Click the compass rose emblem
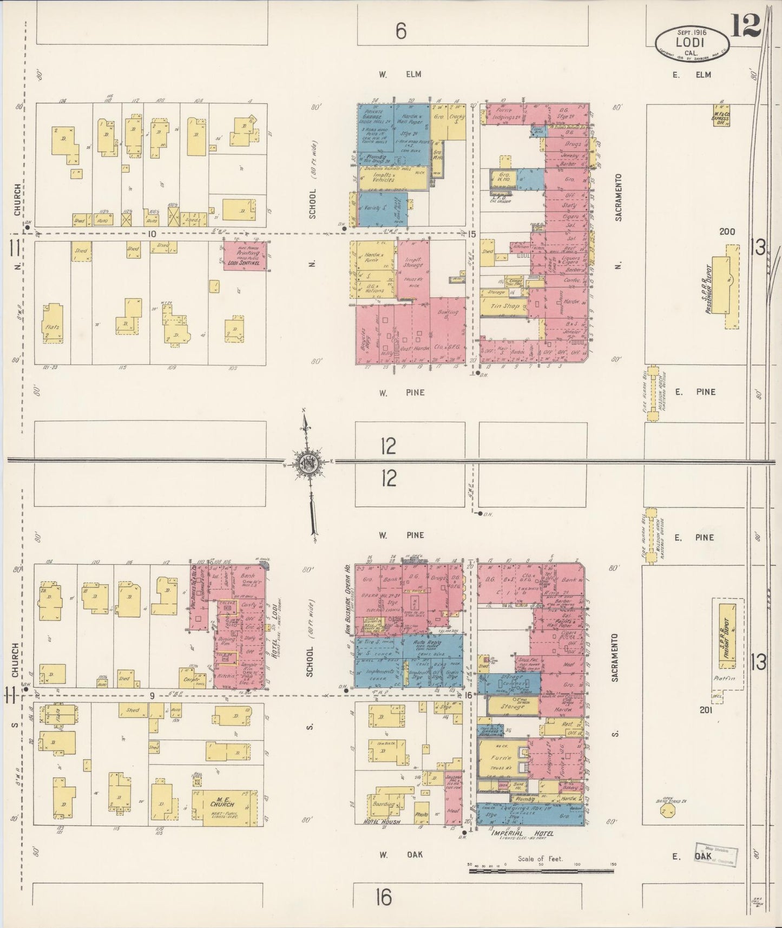click(x=307, y=463)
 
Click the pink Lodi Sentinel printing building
click(x=245, y=256)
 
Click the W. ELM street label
click(x=400, y=74)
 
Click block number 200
click(x=727, y=232)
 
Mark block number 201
click(x=706, y=710)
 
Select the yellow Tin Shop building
click(x=504, y=306)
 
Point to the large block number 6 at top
click(x=400, y=32)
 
